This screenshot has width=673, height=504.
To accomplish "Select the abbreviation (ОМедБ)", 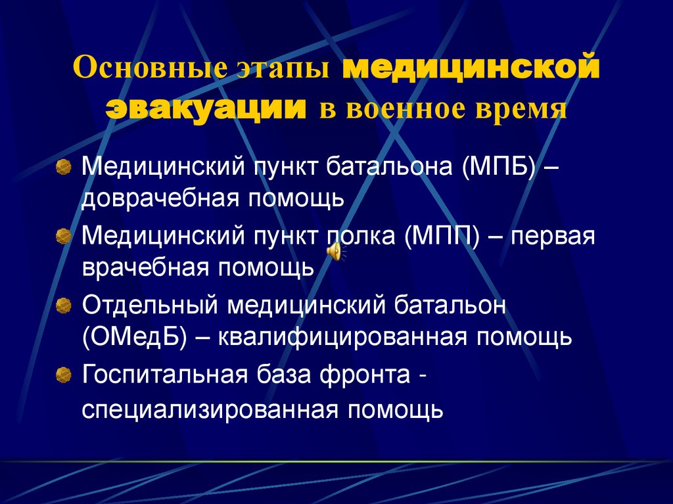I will tap(135, 337).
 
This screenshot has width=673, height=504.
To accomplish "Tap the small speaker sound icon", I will tap(334, 250).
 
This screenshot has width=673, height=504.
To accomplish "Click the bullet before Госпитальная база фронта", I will tap(63, 375).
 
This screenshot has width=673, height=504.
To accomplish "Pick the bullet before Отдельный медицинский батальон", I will tap(63, 305).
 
